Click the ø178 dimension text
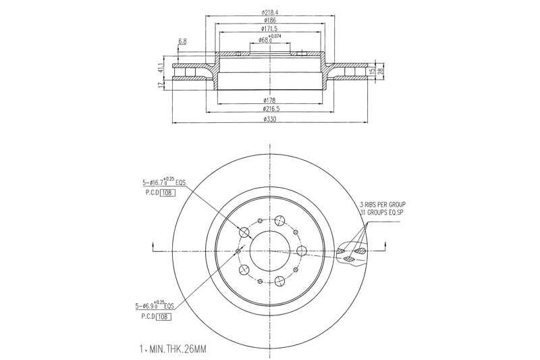270,101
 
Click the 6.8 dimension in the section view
182,42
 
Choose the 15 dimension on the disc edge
371,71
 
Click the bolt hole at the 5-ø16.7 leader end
245,233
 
